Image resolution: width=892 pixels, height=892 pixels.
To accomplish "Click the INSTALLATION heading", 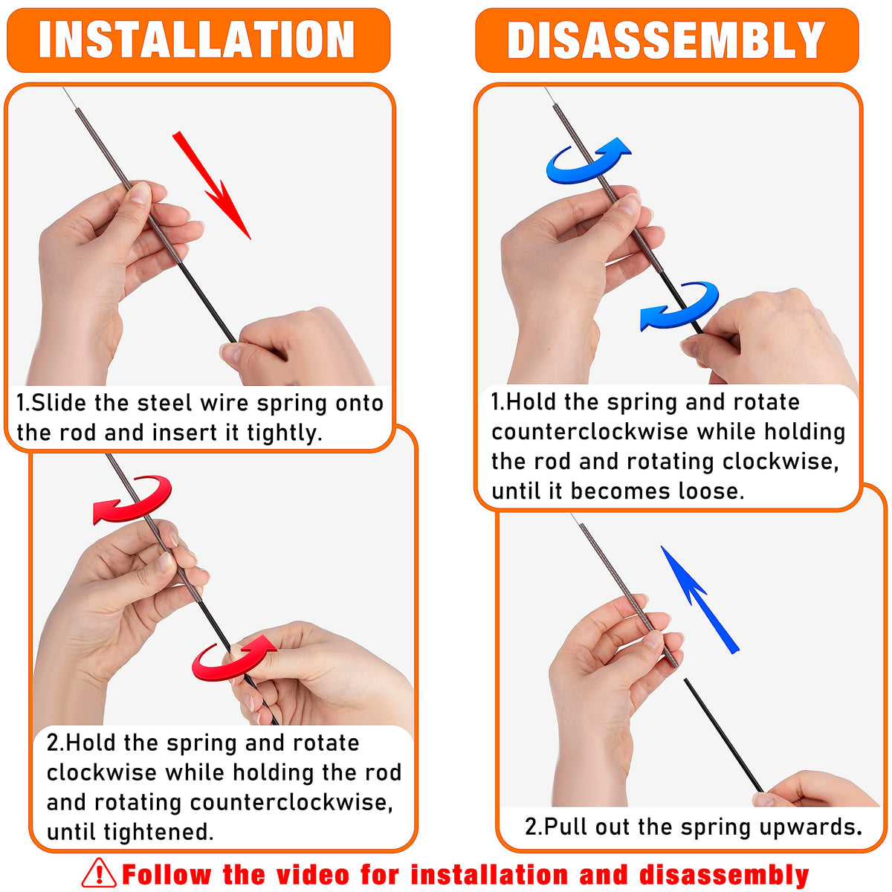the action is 196,40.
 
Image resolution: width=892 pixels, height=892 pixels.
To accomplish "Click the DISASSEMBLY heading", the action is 665,40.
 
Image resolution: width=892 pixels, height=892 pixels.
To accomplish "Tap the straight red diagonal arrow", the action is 211,185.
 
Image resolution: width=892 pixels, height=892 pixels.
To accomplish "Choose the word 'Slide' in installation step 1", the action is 58,403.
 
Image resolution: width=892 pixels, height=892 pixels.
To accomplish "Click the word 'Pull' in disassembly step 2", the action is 566,827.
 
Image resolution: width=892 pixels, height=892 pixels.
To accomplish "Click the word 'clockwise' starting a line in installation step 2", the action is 102,772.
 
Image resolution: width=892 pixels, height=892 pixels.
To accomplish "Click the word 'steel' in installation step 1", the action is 164,403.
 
